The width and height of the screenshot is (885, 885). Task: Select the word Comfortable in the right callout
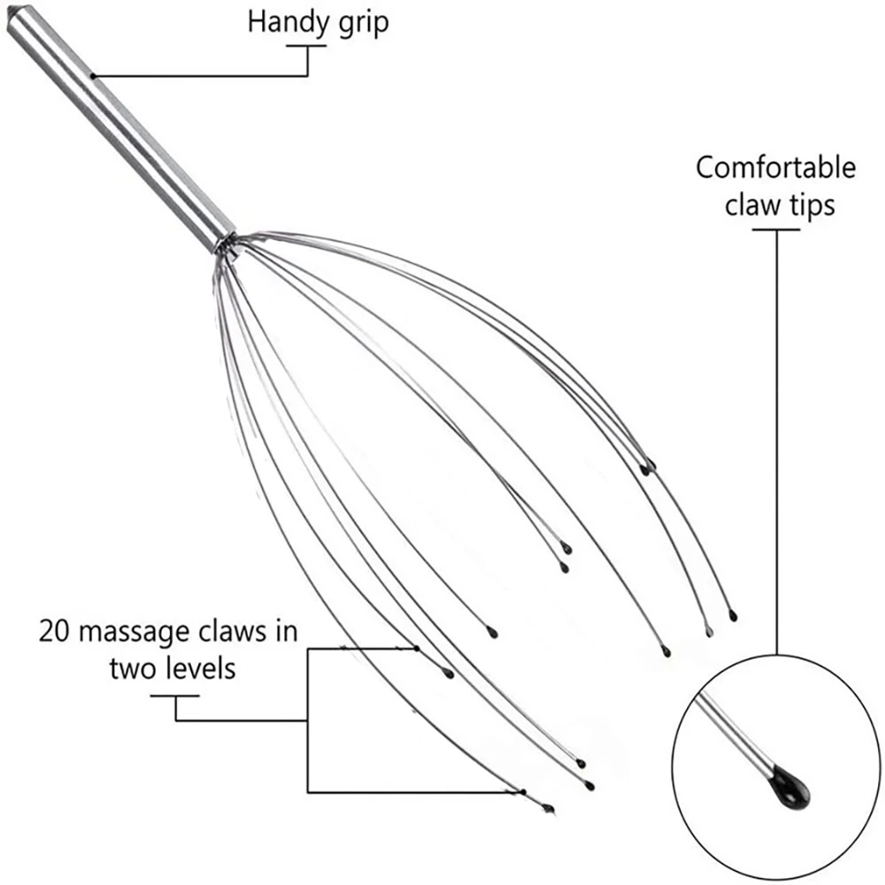[x=775, y=167]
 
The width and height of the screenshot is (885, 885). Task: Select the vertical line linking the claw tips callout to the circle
[x=777, y=442]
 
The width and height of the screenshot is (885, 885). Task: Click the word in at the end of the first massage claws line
[x=285, y=632]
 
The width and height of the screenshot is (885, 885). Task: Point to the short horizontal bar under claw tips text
[x=776, y=230]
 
